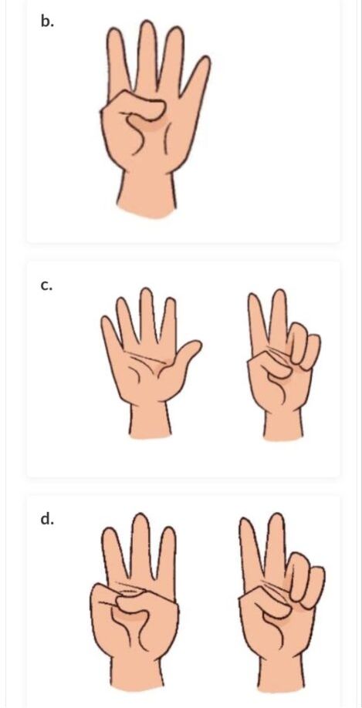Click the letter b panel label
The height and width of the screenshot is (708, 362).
pos(47,21)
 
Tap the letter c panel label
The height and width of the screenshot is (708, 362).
pos(46,285)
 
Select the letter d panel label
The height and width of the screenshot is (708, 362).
pos(47,519)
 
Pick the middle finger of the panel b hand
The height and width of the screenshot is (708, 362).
pos(147,54)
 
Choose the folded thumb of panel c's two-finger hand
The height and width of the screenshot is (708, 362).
pos(270,363)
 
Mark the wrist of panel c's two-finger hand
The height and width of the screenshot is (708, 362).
pos(283,424)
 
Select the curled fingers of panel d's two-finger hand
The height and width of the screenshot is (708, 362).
pos(307,578)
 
